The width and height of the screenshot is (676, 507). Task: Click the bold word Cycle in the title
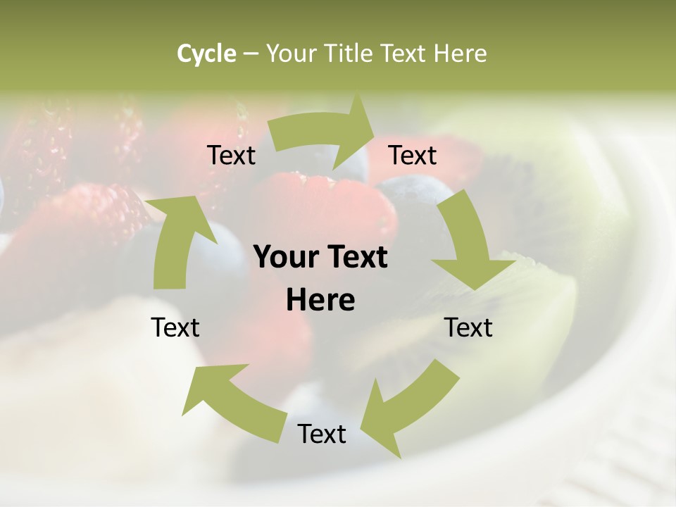(x=206, y=54)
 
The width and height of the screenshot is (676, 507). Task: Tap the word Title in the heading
(x=349, y=54)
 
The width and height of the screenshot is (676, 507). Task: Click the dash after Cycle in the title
(x=251, y=54)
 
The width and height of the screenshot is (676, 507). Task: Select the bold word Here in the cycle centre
(x=320, y=301)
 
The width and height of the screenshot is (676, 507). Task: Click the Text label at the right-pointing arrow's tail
(x=231, y=156)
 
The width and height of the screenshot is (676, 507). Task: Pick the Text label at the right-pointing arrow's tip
(x=413, y=156)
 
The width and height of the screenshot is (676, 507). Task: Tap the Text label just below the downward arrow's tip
(x=468, y=327)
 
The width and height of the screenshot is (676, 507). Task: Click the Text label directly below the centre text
(x=322, y=434)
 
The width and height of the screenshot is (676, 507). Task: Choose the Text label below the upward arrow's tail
(x=176, y=327)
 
